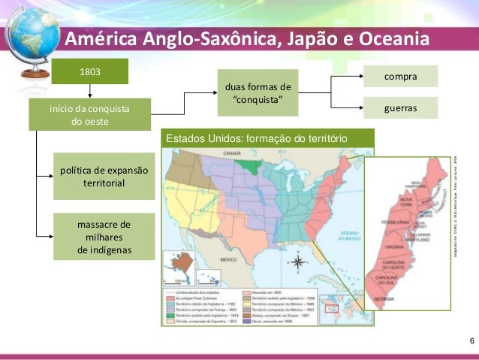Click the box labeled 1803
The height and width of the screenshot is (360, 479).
(x=89, y=71)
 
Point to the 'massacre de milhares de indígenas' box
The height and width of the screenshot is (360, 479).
(x=104, y=237)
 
